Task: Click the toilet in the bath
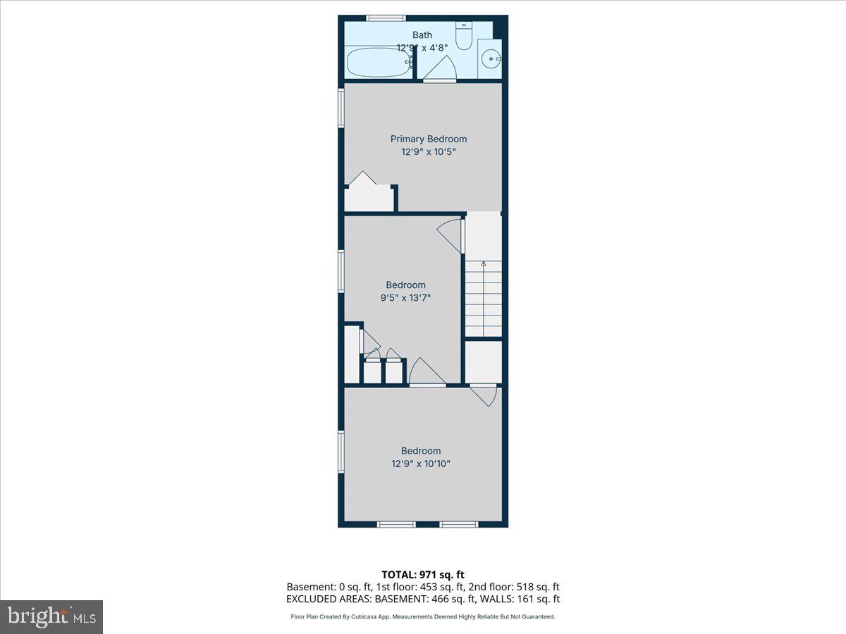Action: [464, 36]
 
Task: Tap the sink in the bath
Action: [491, 59]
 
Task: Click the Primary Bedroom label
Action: [429, 139]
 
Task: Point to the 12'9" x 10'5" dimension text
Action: [429, 151]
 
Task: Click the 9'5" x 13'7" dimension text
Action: [405, 297]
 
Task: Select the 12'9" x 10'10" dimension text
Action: [421, 464]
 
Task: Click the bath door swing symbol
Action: [441, 69]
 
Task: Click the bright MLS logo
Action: [51, 616]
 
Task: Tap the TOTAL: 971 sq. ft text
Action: [423, 575]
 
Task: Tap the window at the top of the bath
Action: [386, 18]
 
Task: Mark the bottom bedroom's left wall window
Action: [341, 451]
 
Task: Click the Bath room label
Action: [422, 35]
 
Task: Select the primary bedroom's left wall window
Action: [341, 108]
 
